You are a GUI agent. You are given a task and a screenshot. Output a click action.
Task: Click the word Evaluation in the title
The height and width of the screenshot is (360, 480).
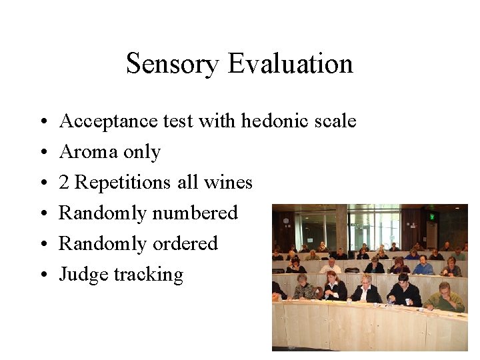click(290, 64)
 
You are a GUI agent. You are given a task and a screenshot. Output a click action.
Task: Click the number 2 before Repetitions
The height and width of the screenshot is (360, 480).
click(65, 183)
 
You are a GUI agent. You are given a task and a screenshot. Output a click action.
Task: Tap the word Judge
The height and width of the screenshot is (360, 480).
click(84, 275)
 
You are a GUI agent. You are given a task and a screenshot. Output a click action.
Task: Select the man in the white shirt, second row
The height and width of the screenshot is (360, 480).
click(329, 266)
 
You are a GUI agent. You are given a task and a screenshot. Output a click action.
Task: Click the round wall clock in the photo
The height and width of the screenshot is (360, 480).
click(285, 221)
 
